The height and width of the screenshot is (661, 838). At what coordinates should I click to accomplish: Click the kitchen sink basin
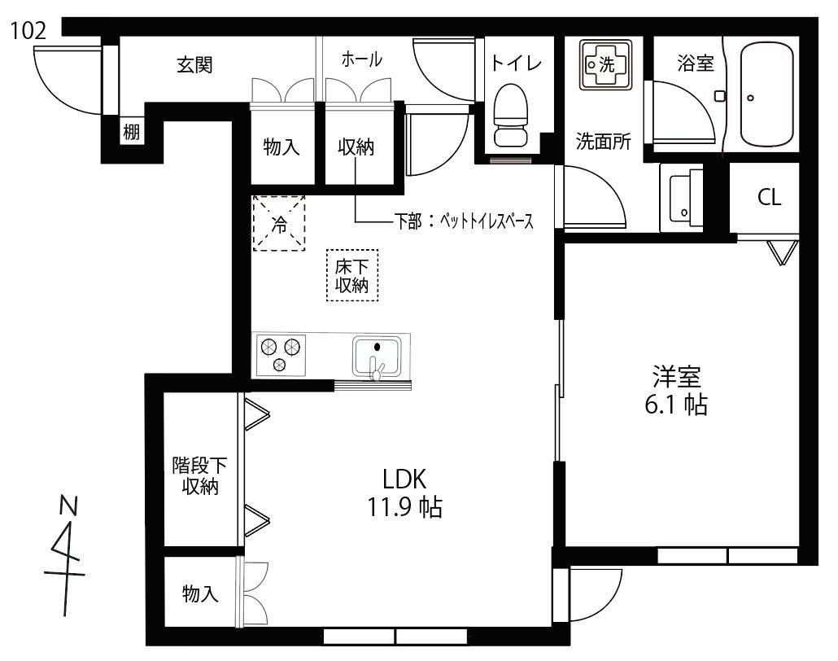coord(376,357)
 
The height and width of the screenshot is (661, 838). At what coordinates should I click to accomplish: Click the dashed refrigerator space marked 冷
coord(278,223)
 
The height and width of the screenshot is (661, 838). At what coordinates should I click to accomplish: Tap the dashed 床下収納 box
coord(352,275)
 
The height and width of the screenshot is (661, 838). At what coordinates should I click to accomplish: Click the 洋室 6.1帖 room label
coord(676,391)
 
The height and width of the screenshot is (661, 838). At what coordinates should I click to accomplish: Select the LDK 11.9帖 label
coord(404,492)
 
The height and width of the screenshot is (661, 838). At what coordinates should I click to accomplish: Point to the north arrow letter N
coord(68,506)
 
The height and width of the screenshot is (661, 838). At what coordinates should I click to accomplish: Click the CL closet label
coord(769,197)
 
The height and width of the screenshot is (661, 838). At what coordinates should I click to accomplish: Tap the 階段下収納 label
coord(199,476)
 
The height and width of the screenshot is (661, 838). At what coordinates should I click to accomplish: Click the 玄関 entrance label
coord(195,64)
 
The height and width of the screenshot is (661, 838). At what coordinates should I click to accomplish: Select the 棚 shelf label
coord(132,131)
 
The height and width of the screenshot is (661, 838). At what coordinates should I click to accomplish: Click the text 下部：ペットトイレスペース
coord(464,221)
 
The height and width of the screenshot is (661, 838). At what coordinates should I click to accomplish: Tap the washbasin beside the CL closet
coord(682,197)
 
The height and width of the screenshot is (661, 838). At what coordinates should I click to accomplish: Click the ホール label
coord(362,59)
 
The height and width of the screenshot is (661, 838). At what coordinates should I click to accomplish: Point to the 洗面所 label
coord(604,141)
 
